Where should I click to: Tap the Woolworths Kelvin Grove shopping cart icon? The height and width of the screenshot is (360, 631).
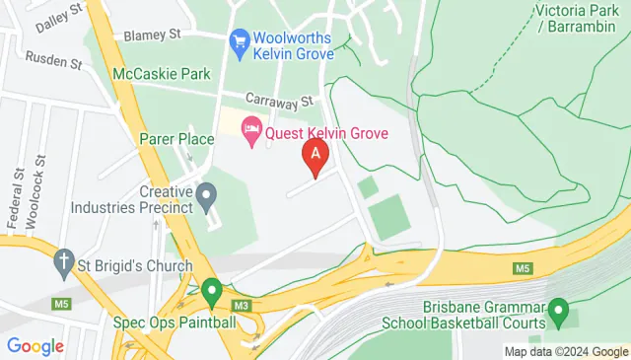(239, 41)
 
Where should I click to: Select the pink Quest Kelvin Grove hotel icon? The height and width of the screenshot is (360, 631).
(251, 129)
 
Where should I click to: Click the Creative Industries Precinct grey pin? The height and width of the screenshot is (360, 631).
(206, 196)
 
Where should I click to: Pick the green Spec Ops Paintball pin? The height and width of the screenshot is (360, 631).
(211, 291)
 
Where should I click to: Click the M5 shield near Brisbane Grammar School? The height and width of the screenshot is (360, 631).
(522, 268)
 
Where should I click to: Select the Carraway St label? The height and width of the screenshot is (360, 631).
(279, 101)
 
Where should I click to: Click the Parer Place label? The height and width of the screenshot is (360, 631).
(177, 139)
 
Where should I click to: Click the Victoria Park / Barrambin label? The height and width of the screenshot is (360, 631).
(579, 20)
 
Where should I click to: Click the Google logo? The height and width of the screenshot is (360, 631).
(35, 345)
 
